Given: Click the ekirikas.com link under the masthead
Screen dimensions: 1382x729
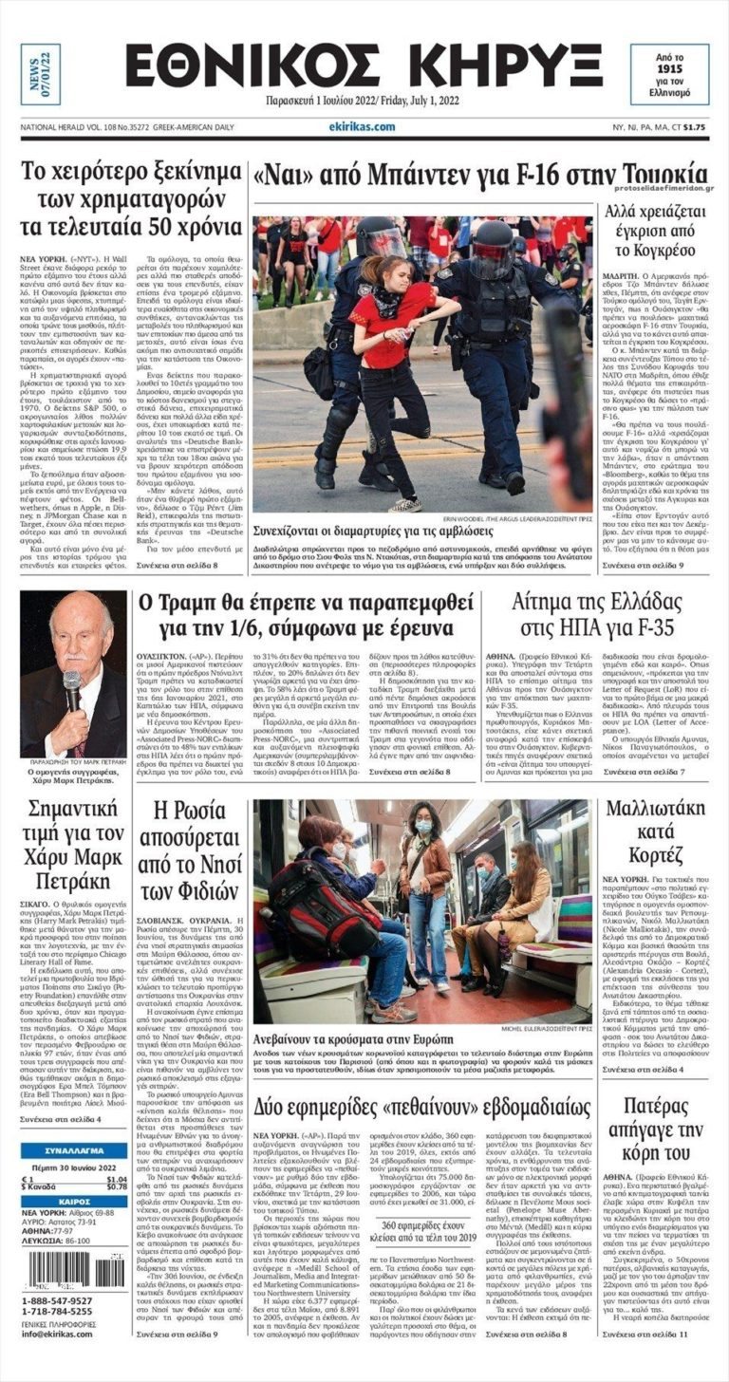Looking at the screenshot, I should click(363, 126).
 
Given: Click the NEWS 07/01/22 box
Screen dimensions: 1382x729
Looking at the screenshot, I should click(40, 75).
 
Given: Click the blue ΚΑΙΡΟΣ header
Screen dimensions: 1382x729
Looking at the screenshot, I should click(73, 1201).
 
